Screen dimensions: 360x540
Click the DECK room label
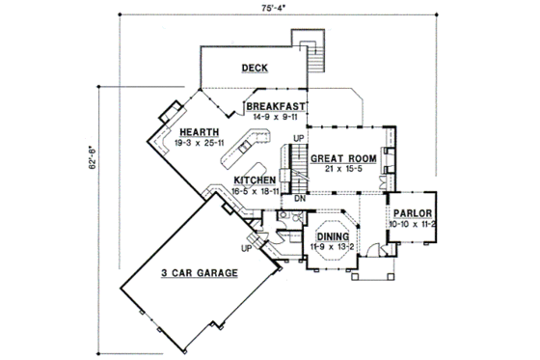point(255,68)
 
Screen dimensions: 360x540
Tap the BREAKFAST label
point(276,105)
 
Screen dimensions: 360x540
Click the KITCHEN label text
point(256,180)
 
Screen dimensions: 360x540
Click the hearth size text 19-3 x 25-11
point(197,143)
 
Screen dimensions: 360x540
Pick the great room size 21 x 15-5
point(345,169)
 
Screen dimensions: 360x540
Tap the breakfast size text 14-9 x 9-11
point(276,116)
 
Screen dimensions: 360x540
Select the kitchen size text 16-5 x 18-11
point(256,191)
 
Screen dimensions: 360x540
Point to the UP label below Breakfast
point(298,139)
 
